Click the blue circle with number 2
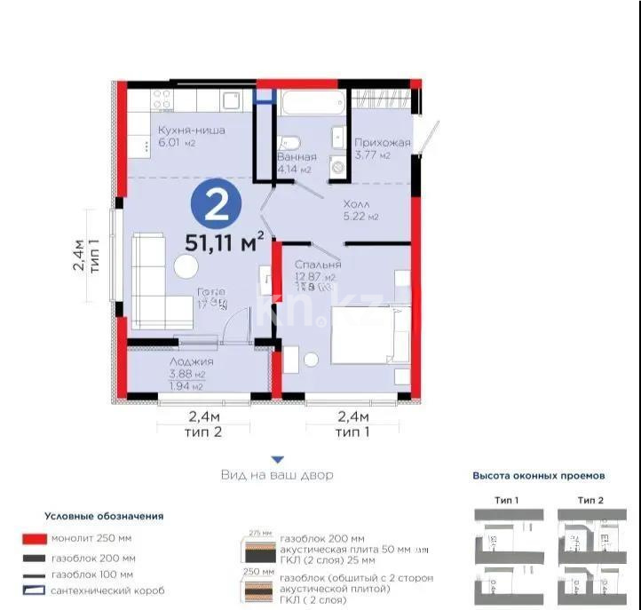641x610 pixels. [213, 205]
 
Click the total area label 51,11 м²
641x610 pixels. [225, 242]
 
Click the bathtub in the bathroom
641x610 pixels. [308, 105]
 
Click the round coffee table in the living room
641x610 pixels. [186, 266]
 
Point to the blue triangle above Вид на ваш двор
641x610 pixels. [277, 459]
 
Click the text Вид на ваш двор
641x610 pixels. [277, 475]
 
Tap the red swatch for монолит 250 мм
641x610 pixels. [35, 539]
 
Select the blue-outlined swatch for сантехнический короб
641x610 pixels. [35, 590]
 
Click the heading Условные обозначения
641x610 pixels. [104, 516]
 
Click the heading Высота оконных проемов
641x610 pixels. [538, 476]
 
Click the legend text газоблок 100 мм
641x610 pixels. [93, 574]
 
